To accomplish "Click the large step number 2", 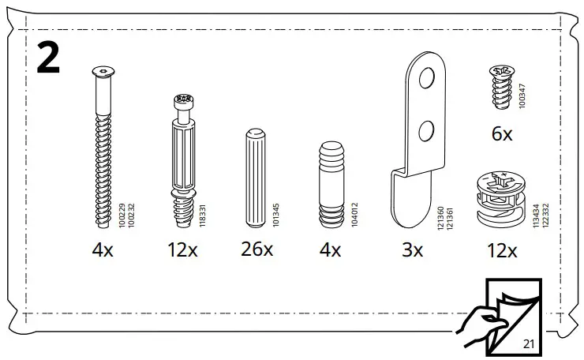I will [x=48, y=58].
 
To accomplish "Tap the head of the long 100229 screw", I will [x=102, y=74].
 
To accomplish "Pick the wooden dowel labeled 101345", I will [x=256, y=177].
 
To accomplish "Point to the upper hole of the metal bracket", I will [x=427, y=78].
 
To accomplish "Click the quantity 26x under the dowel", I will [x=256, y=250].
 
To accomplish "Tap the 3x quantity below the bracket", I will [x=411, y=250].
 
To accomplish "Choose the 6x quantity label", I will [x=501, y=134].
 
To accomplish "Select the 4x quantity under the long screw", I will [x=103, y=250].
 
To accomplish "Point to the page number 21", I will [x=529, y=344].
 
